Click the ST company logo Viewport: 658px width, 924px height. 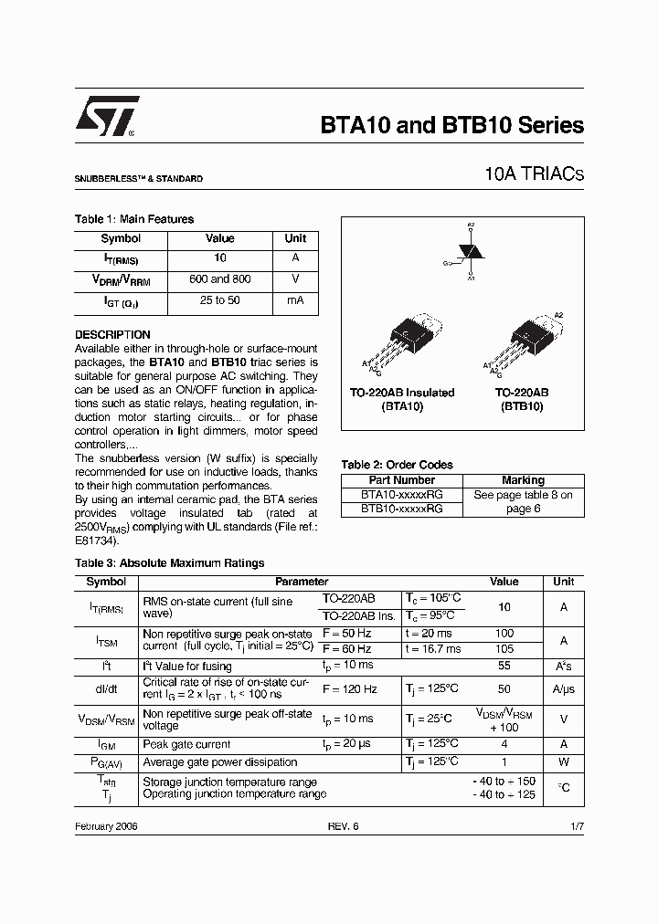click(x=108, y=117)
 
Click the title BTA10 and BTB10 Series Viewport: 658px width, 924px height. click(x=451, y=125)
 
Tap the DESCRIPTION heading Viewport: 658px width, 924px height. click(x=112, y=335)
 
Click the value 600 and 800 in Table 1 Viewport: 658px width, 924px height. click(x=219, y=279)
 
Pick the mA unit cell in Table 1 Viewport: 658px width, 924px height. click(x=295, y=300)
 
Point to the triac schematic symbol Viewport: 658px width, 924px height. click(x=470, y=250)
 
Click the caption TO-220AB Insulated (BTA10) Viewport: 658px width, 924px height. click(x=401, y=399)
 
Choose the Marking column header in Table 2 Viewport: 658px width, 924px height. click(x=523, y=480)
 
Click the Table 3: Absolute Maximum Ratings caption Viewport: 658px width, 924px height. click(x=169, y=563)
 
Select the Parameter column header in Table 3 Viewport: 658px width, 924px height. click(x=302, y=582)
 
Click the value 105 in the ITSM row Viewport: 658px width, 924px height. click(x=504, y=648)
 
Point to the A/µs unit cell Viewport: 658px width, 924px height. click(x=564, y=689)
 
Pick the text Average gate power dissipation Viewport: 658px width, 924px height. click(x=220, y=761)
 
